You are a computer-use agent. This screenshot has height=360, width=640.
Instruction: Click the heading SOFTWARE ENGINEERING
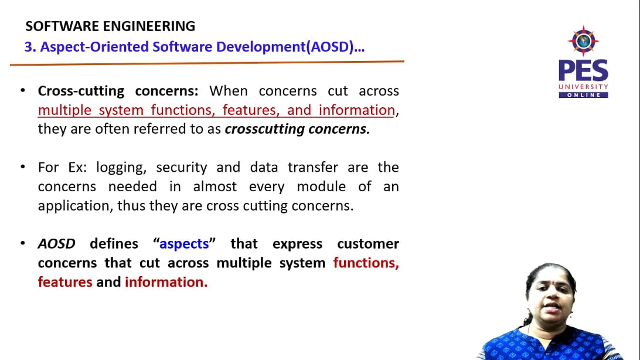coord(110,26)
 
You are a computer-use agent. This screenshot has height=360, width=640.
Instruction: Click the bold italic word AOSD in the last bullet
coord(57,244)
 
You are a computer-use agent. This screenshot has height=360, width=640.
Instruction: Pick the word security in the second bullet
coord(182,167)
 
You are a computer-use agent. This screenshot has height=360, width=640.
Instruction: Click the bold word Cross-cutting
coord(81,91)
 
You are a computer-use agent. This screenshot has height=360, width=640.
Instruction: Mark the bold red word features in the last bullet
coord(65,282)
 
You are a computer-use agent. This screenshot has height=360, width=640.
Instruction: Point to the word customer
coord(367,244)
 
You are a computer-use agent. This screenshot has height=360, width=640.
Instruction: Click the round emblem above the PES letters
coord(583,41)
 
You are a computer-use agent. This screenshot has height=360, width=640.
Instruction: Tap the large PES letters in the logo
coord(583,71)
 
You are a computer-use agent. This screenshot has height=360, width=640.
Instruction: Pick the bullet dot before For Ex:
coord(22,167)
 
